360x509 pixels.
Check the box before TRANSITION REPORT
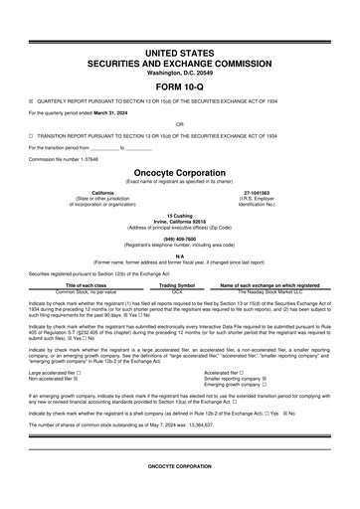click(x=31, y=136)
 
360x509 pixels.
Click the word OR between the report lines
click(x=179, y=124)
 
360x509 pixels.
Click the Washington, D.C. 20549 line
click(x=179, y=73)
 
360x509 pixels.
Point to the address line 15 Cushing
click(x=179, y=214)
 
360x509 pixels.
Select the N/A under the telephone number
click(x=179, y=255)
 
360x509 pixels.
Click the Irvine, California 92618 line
click(x=179, y=220)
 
